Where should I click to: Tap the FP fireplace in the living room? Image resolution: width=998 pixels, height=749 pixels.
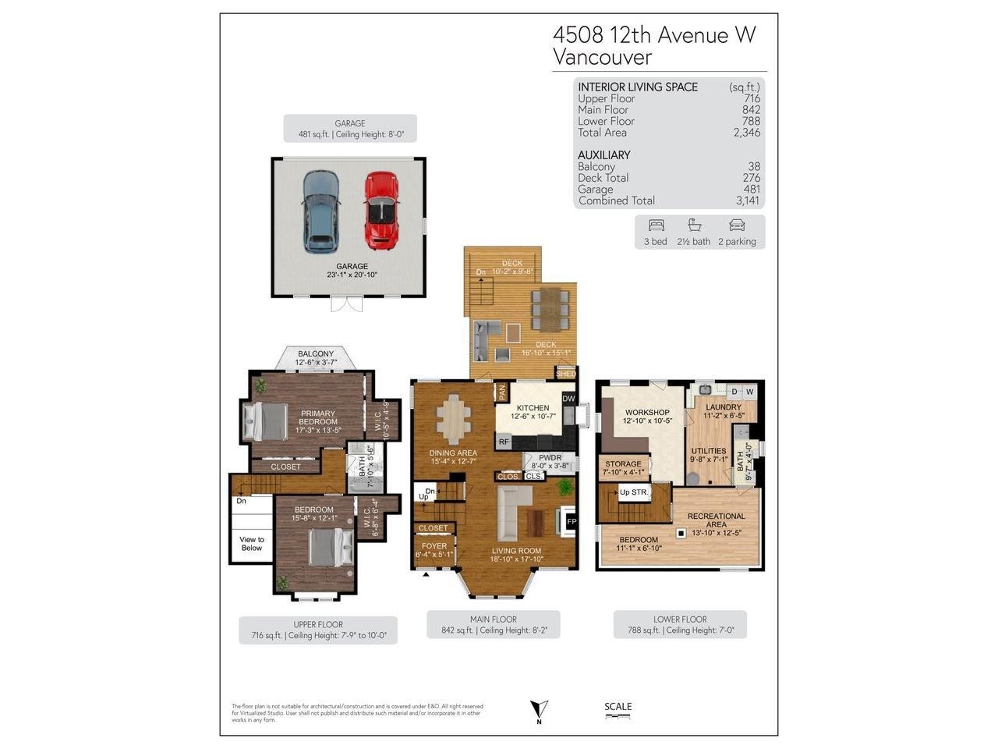coord(571,521)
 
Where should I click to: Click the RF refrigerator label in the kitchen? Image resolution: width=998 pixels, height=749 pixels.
coord(504,442)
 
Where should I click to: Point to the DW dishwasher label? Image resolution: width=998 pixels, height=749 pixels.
coord(568,399)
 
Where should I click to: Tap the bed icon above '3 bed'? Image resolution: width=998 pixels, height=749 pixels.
coord(656,225)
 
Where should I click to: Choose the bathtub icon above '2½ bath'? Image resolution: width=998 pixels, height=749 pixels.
coord(694,225)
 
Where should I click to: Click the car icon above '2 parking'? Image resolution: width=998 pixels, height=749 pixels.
coord(737,225)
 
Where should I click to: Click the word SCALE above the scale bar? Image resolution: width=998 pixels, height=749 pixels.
coord(618,707)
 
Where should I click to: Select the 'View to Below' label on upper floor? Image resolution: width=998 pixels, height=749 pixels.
coord(252,544)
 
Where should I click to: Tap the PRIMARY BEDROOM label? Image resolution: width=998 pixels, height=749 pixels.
coord(318,417)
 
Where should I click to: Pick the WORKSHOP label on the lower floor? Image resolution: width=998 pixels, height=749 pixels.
coord(647,412)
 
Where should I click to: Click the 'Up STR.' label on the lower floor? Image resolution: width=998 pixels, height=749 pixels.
coord(634,492)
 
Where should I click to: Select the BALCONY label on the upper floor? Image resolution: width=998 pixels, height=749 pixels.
coord(315,353)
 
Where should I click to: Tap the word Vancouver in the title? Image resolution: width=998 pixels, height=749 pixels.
coord(602,57)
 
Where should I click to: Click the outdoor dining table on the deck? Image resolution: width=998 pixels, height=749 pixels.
coord(550,308)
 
